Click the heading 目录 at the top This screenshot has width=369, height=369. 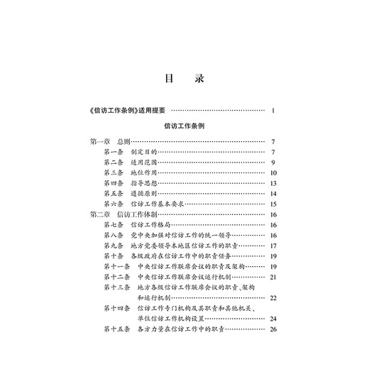184,79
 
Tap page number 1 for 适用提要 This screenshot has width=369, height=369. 273,111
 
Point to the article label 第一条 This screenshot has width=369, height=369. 114,152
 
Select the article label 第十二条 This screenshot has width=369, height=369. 117,276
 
